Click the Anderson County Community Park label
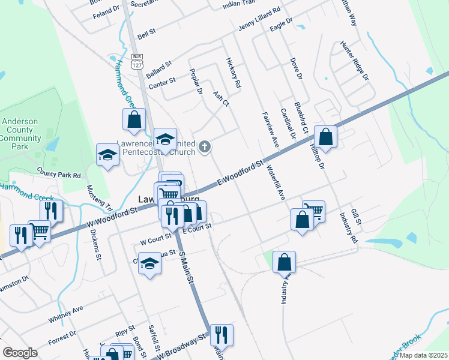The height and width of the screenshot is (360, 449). pos(20,134)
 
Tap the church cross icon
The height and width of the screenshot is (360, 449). pos(205,146)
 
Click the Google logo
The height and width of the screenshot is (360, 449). pos(20,353)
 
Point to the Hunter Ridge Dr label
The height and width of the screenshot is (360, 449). pos(354,61)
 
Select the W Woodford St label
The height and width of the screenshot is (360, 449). pos(112,217)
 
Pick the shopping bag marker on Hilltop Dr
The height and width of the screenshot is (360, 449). pos(325,137)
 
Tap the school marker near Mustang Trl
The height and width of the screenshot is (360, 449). pos(107,155)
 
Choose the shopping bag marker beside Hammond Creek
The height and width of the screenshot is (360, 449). pos(134,119)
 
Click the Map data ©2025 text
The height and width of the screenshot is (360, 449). pos(422,355)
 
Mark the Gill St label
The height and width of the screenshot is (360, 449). pos(356,217)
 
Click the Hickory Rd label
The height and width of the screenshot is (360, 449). pos(234,74)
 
